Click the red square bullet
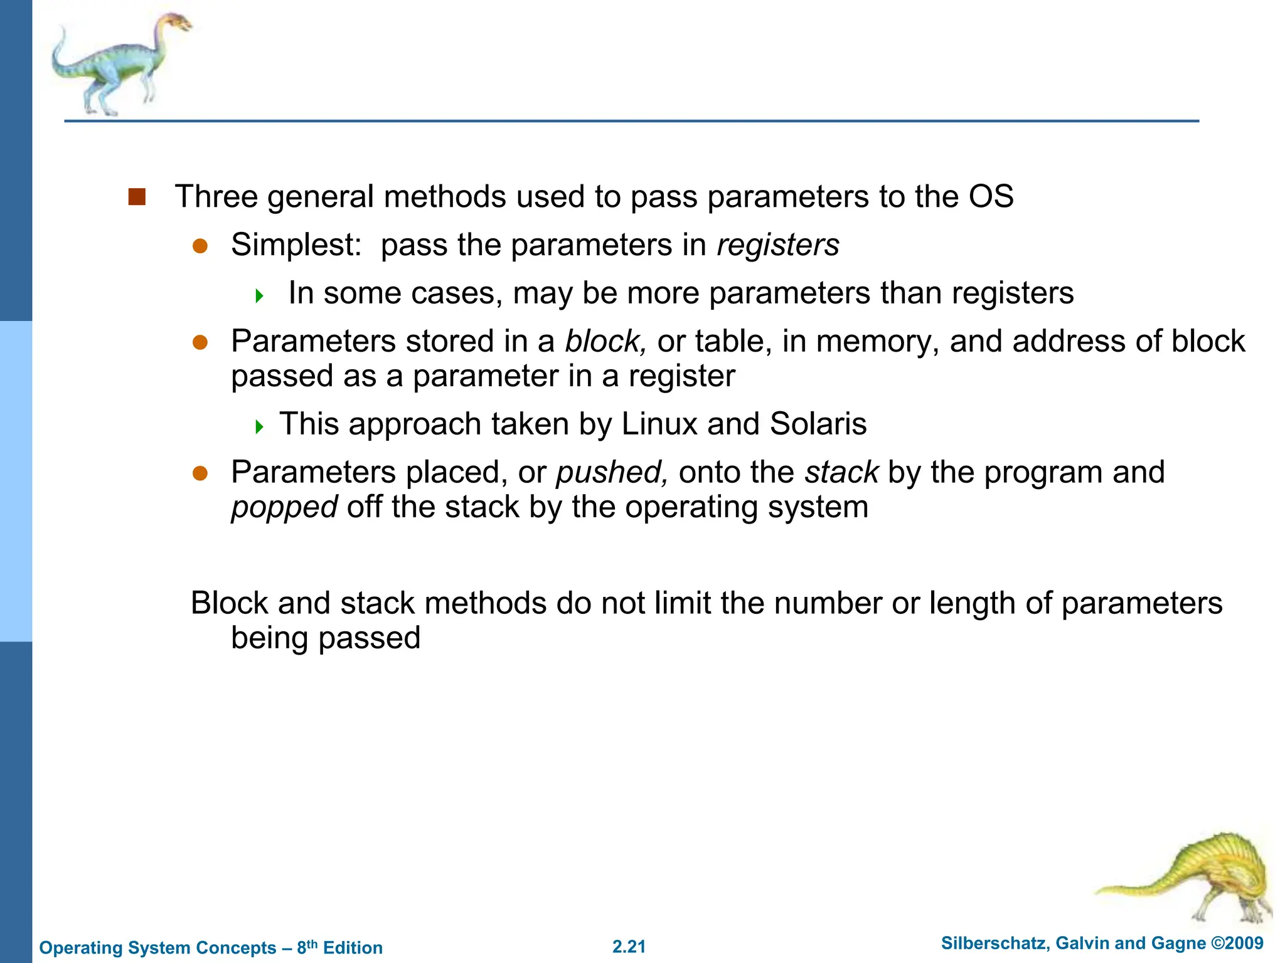coord(137,197)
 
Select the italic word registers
coord(778,245)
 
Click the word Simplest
coord(295,245)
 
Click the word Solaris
coord(818,424)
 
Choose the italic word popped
coord(284,507)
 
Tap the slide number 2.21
coord(629,947)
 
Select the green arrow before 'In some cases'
coord(260,295)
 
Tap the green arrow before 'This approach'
coord(260,427)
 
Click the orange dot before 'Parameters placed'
coord(200,473)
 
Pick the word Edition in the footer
coord(353,948)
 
